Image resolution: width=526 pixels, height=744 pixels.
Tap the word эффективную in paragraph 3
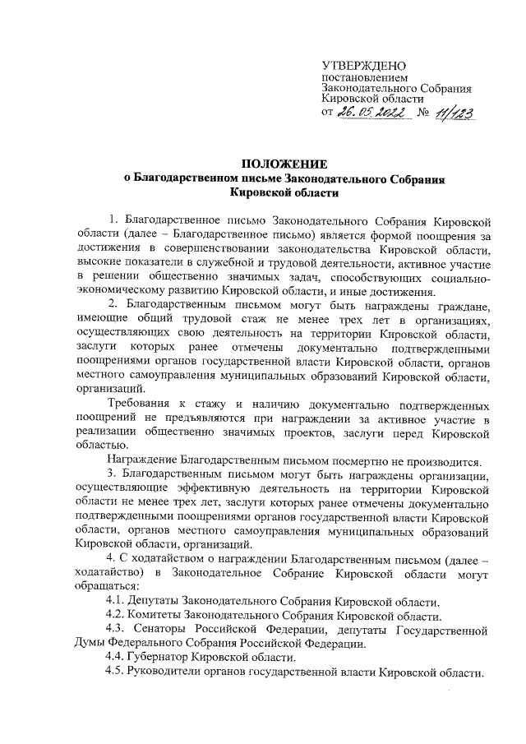click(x=213, y=489)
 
